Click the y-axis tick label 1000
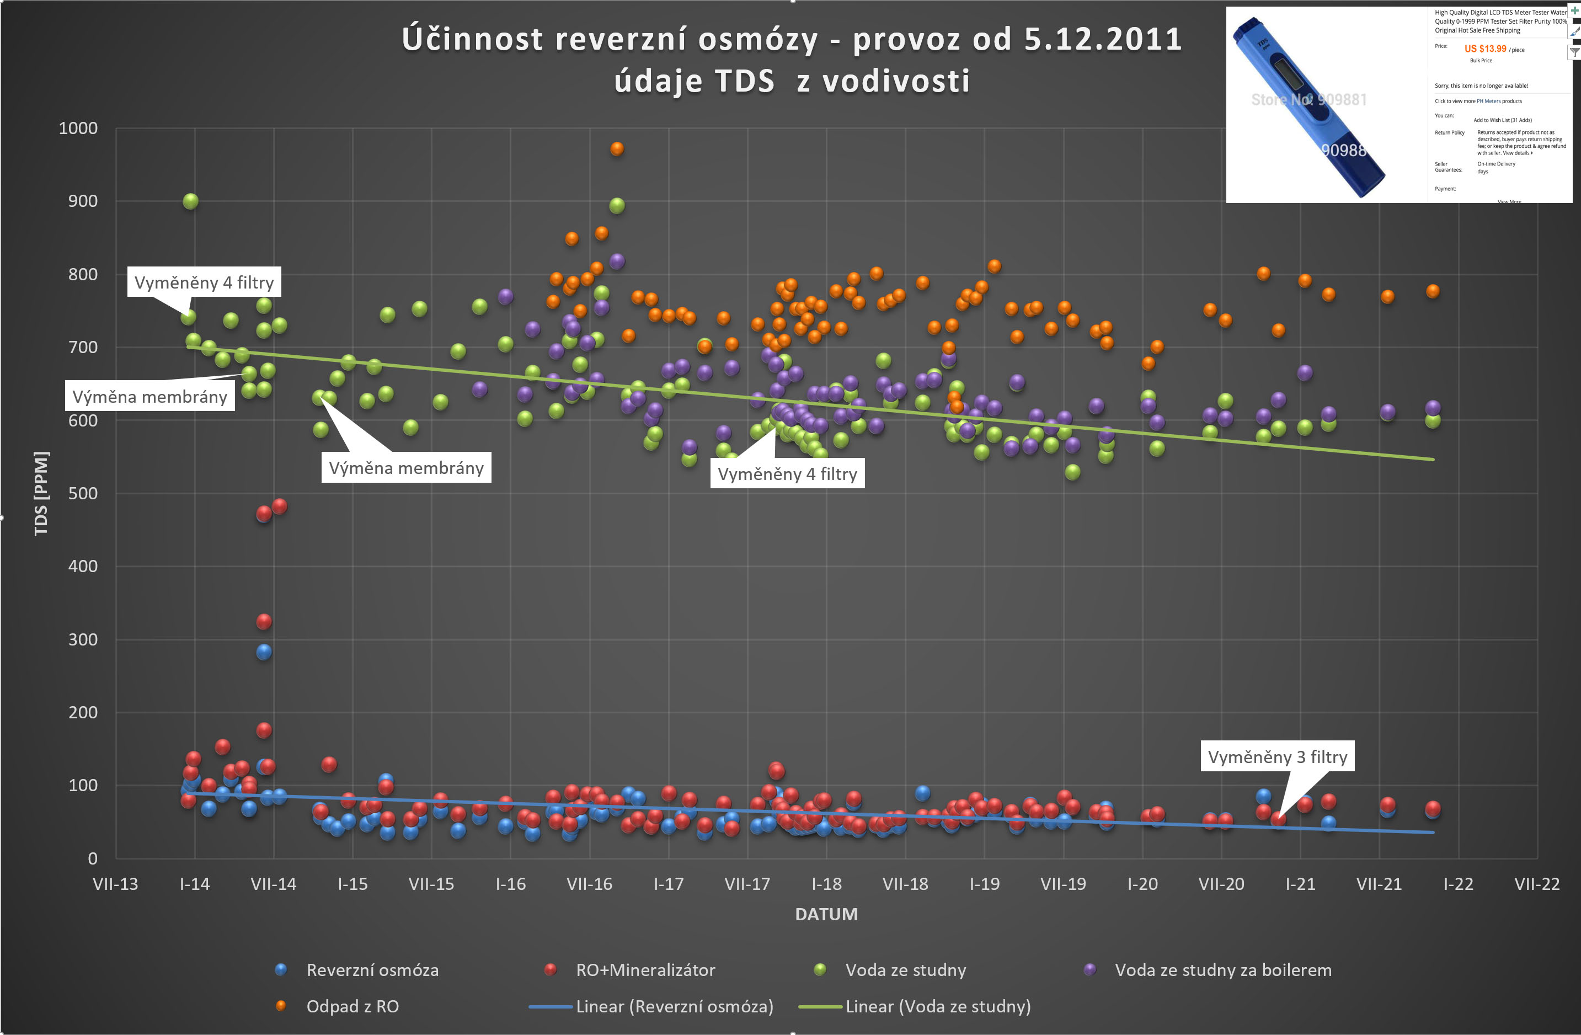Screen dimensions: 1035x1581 pos(78,128)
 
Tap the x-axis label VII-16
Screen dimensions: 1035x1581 pos(589,884)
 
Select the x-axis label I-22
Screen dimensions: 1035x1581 pos(1458,884)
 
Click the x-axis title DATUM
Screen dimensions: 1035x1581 pos(826,915)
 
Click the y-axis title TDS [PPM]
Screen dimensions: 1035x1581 pos(41,494)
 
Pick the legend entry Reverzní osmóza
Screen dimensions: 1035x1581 pos(372,970)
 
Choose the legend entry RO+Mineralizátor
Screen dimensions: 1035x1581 pos(645,970)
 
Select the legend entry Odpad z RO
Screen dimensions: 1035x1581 pos(352,1007)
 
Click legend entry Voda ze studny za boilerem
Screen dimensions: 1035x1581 pos(1223,970)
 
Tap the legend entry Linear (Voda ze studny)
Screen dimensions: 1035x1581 pos(937,1007)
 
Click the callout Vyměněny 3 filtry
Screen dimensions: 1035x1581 pos(1276,757)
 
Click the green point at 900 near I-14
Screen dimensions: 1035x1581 pos(191,201)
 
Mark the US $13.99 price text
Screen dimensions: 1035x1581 pos(1486,49)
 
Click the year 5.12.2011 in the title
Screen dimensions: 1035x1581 pos(1103,40)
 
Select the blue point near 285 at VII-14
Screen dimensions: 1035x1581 pos(264,652)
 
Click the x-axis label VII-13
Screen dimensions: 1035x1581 pos(116,884)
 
